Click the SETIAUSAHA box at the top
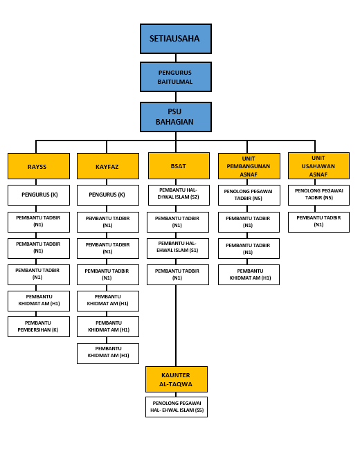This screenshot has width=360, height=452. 176,39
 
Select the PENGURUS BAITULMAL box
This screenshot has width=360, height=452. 176,77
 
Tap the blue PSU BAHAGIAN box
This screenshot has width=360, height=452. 176,117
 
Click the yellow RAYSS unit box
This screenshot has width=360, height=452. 39,166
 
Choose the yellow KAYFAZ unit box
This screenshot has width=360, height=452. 108,166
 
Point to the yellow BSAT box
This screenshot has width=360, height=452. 179,165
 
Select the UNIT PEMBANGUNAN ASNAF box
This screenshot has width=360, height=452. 249,166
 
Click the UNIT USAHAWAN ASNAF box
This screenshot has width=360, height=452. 318,165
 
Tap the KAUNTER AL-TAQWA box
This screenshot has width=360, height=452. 177,379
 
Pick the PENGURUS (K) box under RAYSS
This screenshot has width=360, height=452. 39,195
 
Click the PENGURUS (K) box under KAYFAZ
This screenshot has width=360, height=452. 108,195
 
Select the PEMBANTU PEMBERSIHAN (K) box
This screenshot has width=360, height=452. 39,327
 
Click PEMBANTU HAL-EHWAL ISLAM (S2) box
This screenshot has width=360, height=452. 179,195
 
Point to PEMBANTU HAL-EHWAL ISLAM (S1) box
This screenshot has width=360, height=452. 178,248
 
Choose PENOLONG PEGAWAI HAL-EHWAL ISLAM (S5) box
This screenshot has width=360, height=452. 177,407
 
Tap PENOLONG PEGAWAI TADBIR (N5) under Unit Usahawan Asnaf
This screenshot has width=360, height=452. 318,195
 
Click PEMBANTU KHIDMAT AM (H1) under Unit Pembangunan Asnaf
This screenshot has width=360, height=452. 249,275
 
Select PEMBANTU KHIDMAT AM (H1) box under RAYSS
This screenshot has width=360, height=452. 39,301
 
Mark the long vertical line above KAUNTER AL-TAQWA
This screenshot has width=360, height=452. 176,326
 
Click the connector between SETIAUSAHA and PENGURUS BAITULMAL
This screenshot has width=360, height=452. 176,57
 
